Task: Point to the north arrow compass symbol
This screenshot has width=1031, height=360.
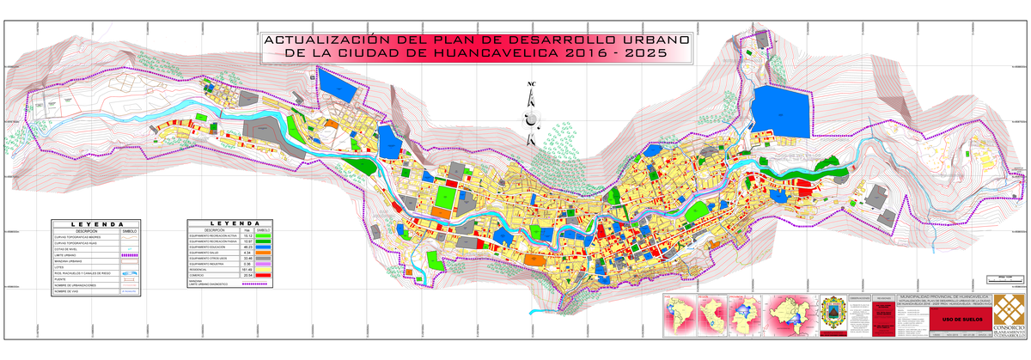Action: coord(530,112)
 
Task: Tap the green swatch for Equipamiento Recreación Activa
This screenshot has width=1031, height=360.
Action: coord(264,236)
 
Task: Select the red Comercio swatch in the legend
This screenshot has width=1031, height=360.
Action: coord(264,275)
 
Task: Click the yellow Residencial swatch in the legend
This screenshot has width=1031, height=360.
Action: coord(264,269)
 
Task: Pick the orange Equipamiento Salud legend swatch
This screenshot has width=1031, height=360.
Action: coord(264,253)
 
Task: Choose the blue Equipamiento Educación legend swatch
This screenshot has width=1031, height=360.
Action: coord(264,247)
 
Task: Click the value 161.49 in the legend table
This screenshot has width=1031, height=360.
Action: coord(247,269)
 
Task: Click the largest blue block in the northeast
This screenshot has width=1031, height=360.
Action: coord(781,112)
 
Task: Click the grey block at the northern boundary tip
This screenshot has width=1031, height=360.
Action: coord(760,40)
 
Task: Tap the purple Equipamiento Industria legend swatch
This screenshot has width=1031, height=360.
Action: coord(264,264)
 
